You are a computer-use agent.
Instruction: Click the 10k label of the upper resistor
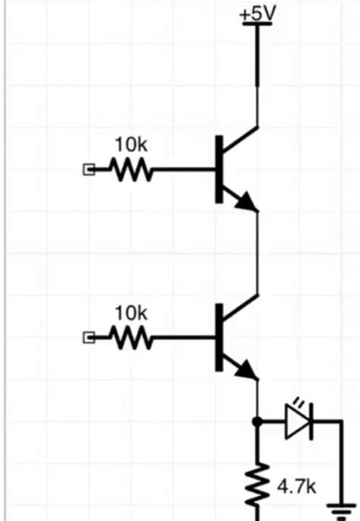(131, 144)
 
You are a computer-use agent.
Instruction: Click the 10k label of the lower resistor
(131, 312)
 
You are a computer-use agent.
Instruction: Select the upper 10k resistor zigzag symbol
(132, 171)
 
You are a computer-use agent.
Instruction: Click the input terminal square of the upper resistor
(87, 171)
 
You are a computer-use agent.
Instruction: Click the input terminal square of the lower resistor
(87, 338)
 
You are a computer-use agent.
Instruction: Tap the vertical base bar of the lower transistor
(220, 338)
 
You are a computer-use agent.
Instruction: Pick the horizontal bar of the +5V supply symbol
(257, 25)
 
